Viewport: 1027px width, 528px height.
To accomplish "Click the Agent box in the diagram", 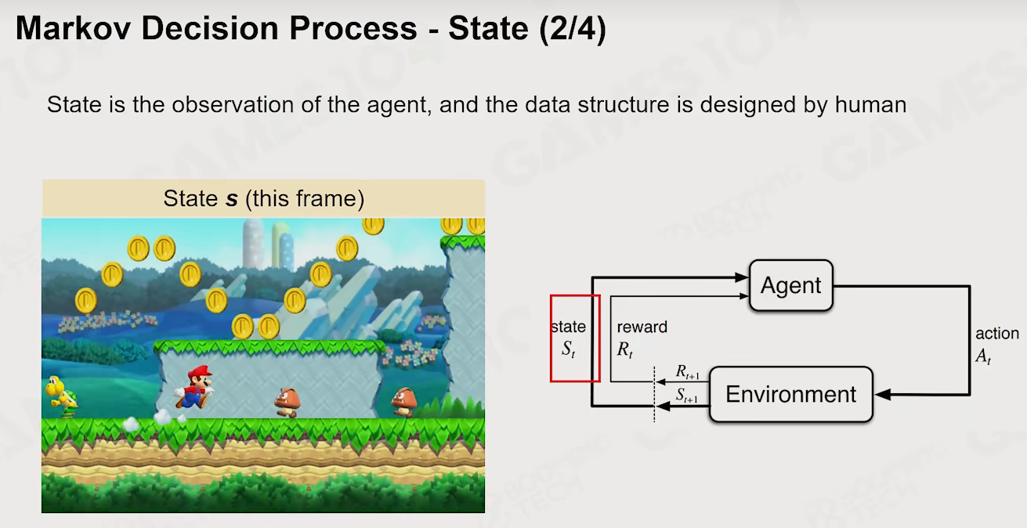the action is click(791, 285).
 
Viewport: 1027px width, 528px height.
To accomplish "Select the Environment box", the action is click(791, 394).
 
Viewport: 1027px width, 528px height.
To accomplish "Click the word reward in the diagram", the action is click(642, 327).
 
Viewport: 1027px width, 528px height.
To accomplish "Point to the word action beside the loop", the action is click(997, 334).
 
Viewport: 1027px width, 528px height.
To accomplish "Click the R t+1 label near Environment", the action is click(687, 372).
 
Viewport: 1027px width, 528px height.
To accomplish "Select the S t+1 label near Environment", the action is click(687, 395).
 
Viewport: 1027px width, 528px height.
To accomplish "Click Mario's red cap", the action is click(200, 371).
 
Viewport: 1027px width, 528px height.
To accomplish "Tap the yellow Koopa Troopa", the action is click(61, 396).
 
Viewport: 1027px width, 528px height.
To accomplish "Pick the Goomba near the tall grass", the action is click(403, 402).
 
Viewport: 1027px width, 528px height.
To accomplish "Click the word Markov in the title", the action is click(74, 28).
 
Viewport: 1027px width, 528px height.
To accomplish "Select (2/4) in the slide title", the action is click(573, 29).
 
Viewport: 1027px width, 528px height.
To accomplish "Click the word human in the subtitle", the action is click(870, 104).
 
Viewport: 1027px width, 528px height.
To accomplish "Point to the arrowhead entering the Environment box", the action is click(883, 394).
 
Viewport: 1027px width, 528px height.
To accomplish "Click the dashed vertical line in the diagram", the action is click(654, 394).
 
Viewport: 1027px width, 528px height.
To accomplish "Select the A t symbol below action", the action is click(983, 356).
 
